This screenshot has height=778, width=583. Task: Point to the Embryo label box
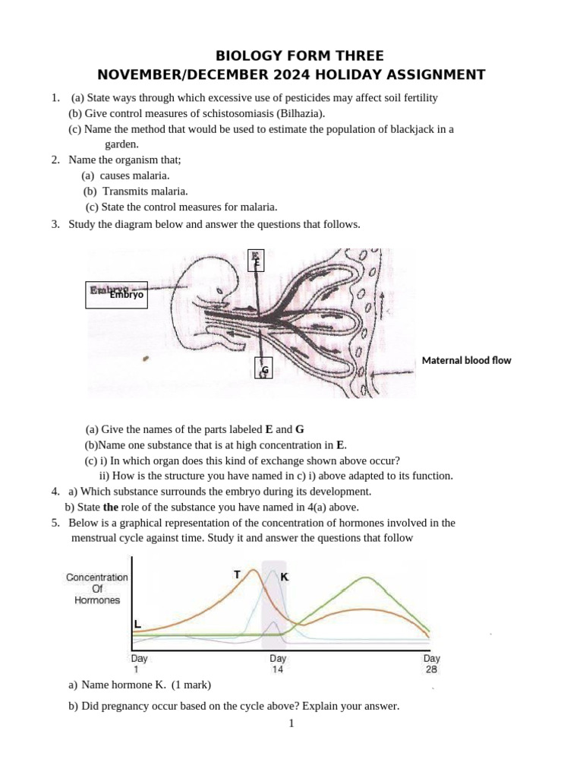pos(116,294)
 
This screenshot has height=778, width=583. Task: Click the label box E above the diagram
pos(257,260)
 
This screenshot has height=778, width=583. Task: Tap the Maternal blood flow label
pos(466,360)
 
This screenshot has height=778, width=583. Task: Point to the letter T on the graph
pos(238,574)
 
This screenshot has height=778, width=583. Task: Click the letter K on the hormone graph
pos(284,577)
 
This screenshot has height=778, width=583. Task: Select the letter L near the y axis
pos(137,625)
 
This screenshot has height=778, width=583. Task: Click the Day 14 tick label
pos(277,663)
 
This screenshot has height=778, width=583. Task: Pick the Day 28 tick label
pos(431,663)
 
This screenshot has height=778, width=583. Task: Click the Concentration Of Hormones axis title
pos(97,588)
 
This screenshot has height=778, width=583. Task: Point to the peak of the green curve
pos(367,578)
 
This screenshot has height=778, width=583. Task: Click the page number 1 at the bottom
pos(291,723)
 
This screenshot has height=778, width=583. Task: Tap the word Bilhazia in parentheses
pos(301,113)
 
